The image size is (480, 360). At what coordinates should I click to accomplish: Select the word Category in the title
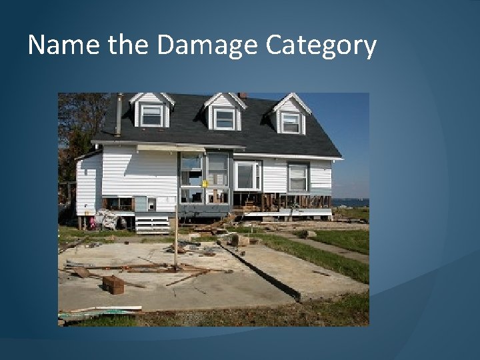point(321,45)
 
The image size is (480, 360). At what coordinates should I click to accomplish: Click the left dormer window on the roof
point(151,116)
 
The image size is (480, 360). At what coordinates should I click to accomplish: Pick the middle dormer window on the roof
point(224,119)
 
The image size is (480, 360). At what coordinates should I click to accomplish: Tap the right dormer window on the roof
point(290,122)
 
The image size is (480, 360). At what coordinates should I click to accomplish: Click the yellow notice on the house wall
point(205,183)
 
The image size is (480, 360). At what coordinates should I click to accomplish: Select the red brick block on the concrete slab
point(113,285)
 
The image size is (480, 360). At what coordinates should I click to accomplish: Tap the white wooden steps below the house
point(152,223)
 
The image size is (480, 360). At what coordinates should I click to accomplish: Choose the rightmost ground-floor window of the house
point(297,177)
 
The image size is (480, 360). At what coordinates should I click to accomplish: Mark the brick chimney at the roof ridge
point(242,95)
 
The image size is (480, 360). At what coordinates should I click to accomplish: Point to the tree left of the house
point(75,133)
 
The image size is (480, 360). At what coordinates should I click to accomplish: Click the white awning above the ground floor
point(171,148)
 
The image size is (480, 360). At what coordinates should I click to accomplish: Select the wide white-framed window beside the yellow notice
point(246,175)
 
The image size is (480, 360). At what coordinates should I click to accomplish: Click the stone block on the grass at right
point(306,234)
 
